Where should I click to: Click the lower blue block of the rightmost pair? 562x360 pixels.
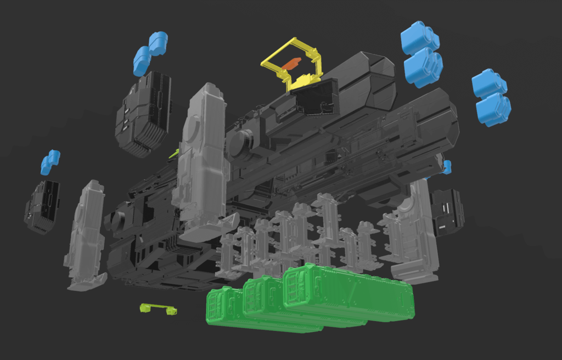(x=493, y=109)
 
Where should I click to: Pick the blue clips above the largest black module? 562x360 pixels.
(x=149, y=53)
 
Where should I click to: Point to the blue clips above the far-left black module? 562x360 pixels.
(x=50, y=161)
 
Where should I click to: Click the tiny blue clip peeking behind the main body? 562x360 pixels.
(x=447, y=167)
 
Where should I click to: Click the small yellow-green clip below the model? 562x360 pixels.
(x=158, y=309)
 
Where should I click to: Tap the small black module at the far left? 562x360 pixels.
(x=42, y=206)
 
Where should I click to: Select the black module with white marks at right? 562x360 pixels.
(x=447, y=212)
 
